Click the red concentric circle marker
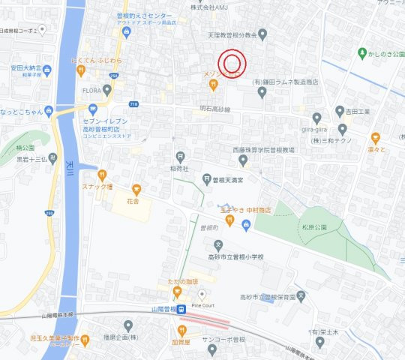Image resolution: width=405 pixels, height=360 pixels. tap(232, 63)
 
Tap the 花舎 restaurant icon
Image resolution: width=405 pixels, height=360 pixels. tap(136, 190)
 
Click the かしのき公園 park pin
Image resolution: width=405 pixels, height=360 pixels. tap(362, 54)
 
